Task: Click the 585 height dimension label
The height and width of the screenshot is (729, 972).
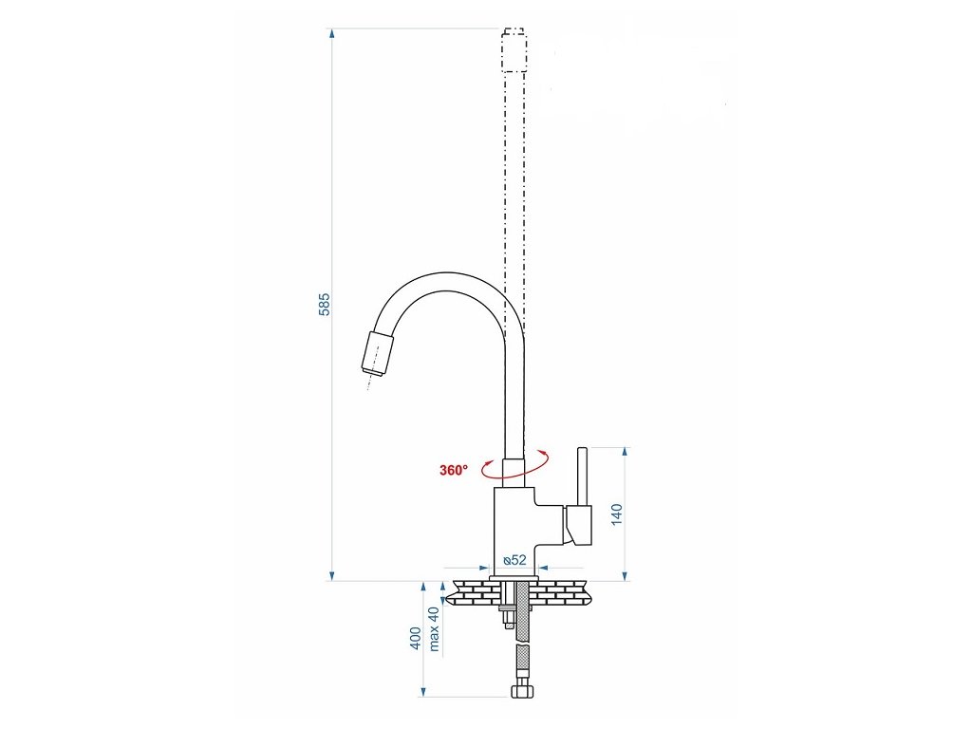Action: pos(325,304)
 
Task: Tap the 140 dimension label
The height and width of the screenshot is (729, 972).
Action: pos(617,514)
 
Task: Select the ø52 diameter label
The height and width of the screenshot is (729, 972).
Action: pos(515,560)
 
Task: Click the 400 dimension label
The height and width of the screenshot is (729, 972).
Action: pos(416,638)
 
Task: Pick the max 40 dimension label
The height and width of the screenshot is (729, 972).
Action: pos(433,628)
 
